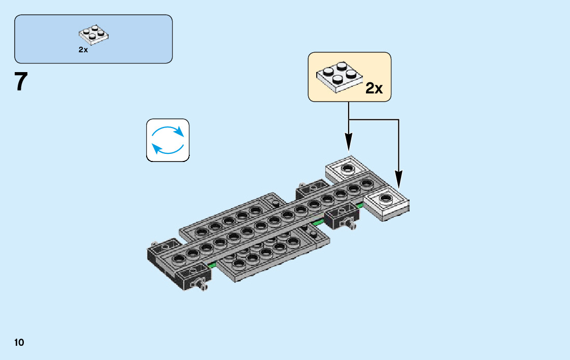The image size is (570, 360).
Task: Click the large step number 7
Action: [21, 82]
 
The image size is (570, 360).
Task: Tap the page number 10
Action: [19, 343]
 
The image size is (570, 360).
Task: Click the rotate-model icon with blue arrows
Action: [167, 140]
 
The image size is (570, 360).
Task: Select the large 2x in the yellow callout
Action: [374, 88]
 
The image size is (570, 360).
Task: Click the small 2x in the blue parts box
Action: [83, 50]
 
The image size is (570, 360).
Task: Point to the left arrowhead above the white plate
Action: [349, 142]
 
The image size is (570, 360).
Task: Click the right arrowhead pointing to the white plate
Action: [398, 179]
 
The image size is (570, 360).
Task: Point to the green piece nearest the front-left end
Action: [212, 265]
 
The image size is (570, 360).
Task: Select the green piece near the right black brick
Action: [318, 222]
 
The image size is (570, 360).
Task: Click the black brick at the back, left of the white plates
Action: [311, 189]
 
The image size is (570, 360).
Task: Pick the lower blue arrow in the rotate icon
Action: [165, 149]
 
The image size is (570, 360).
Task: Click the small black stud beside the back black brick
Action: [276, 203]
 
